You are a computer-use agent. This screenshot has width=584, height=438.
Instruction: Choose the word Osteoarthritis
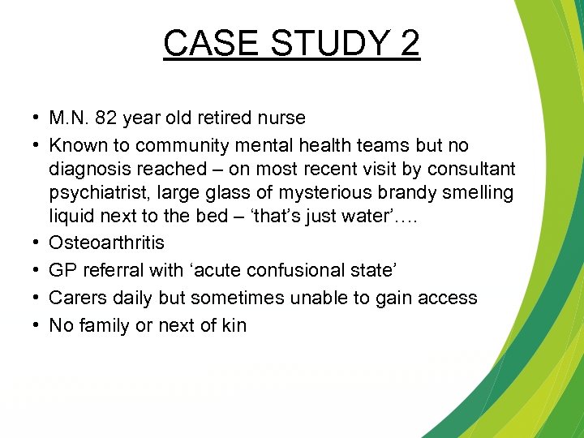click(106, 243)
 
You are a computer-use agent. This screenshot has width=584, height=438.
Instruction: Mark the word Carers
click(75, 298)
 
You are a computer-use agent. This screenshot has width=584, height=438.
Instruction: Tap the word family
click(105, 325)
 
